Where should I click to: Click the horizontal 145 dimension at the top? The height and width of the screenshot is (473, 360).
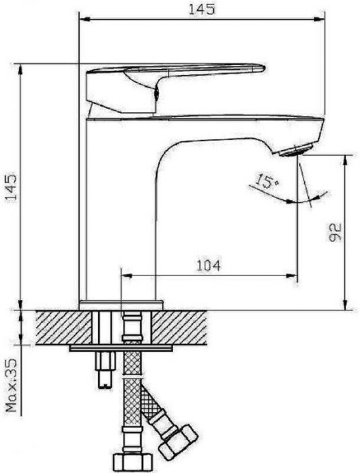click(202, 9)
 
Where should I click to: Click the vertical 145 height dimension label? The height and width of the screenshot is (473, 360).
click(11, 187)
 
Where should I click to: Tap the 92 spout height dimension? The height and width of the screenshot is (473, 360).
click(334, 232)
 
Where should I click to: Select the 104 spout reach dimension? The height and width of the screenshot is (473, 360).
click(209, 266)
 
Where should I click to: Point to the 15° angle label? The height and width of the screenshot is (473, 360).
click(267, 181)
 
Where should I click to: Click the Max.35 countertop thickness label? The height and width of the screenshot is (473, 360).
click(11, 385)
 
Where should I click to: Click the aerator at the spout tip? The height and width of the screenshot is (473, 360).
click(296, 150)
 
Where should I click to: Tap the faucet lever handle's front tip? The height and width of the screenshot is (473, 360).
click(263, 68)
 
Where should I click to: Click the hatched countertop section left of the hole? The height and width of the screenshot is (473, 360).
click(63, 328)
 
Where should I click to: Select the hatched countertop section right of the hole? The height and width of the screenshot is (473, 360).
click(179, 328)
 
